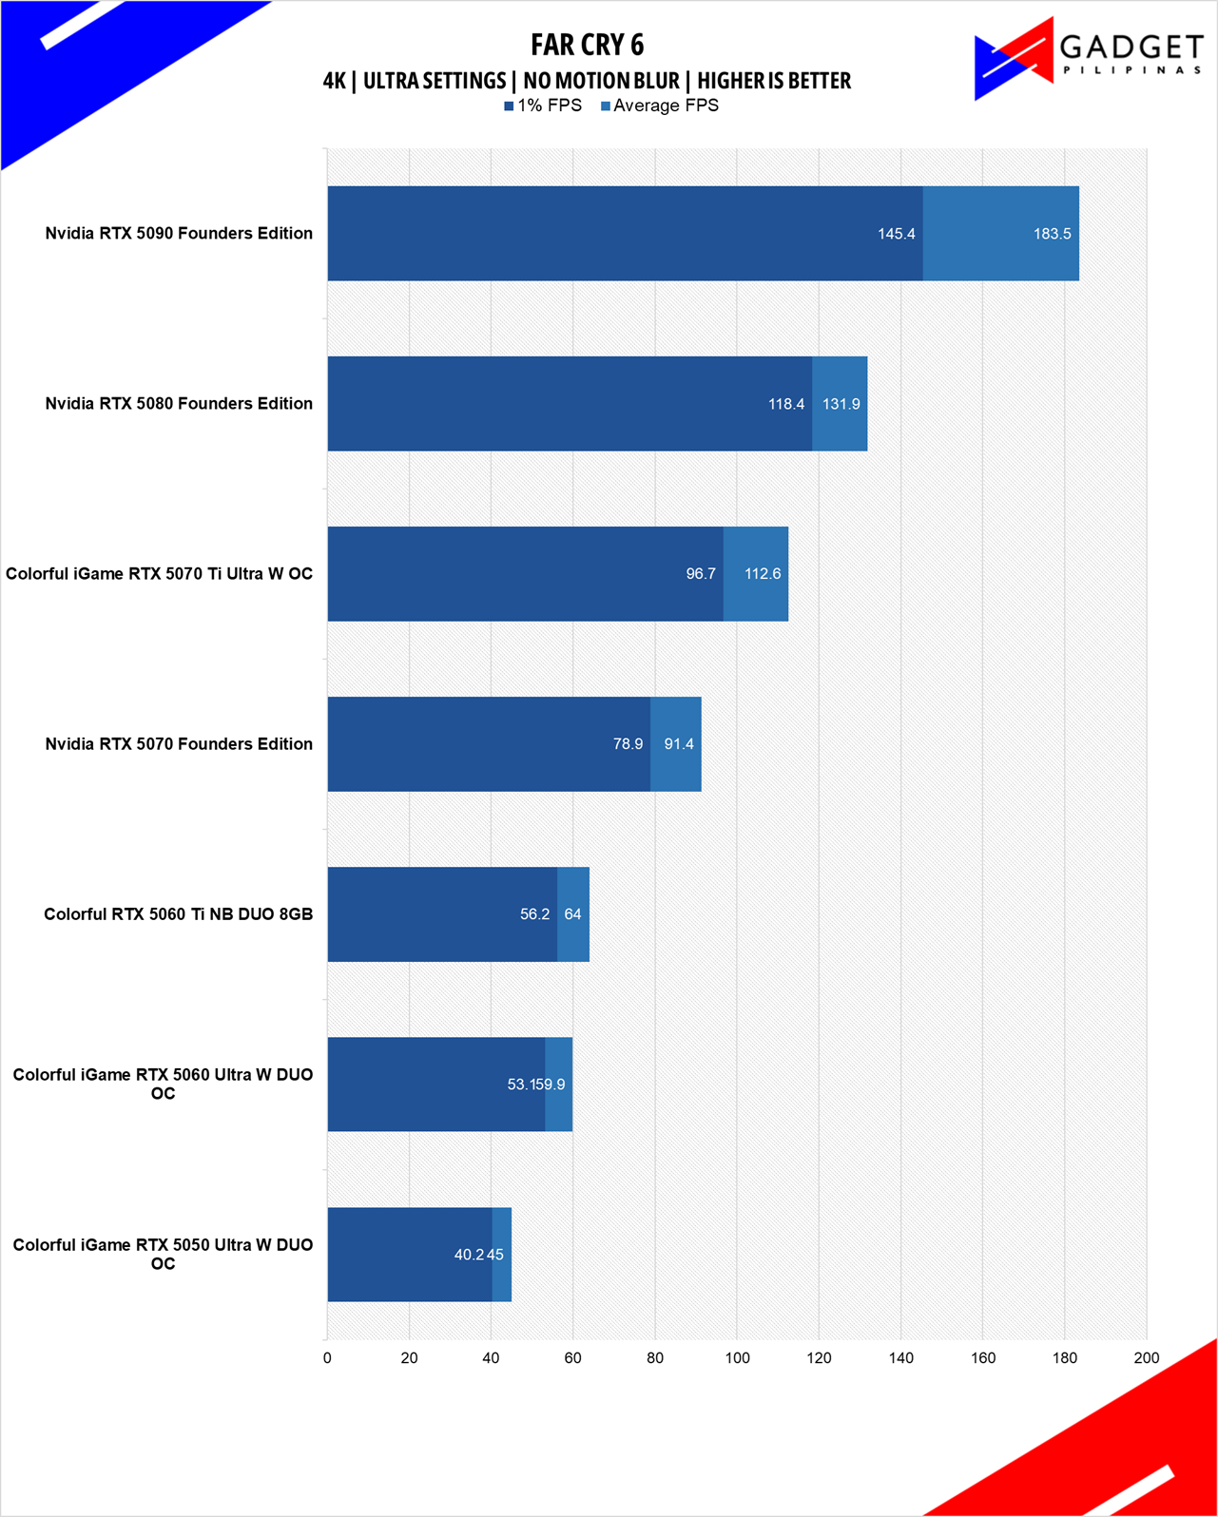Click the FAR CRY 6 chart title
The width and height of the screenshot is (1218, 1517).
tap(587, 45)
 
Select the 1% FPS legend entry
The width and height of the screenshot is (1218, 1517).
tap(543, 106)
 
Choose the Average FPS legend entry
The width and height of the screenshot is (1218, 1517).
tap(660, 106)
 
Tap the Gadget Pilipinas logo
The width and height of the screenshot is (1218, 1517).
tap(1088, 58)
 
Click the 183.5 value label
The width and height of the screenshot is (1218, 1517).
tap(1052, 234)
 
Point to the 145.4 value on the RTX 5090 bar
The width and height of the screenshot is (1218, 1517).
tap(896, 234)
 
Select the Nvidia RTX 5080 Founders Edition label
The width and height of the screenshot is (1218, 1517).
tap(179, 404)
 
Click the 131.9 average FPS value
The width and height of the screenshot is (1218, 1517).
tap(841, 404)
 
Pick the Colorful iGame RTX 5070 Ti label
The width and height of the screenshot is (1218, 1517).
tap(159, 574)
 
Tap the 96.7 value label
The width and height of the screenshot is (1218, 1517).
tap(701, 574)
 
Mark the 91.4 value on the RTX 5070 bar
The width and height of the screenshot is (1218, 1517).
tap(679, 744)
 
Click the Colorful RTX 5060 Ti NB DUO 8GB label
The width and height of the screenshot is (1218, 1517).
tap(178, 914)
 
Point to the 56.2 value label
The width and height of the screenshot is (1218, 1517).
tap(534, 914)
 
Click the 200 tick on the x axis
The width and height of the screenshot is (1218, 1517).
tap(1146, 1358)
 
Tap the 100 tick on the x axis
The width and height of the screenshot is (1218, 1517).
tap(737, 1358)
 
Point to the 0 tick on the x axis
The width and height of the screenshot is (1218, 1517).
tap(327, 1358)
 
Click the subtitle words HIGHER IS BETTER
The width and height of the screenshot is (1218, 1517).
tap(774, 81)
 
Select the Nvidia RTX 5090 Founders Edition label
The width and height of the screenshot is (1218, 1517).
tap(179, 234)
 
